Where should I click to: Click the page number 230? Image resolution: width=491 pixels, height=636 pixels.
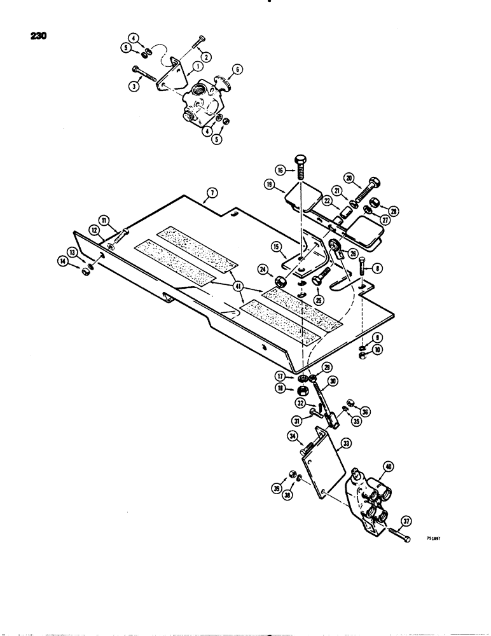[39, 36]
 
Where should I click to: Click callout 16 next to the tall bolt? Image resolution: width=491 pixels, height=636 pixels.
[280, 170]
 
